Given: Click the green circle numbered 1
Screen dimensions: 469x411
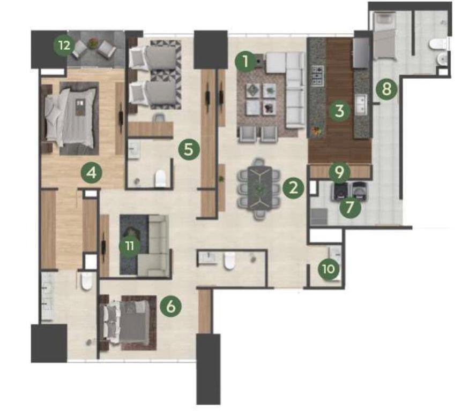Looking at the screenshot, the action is tap(245, 62).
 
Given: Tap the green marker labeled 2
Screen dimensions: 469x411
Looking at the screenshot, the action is tap(293, 188).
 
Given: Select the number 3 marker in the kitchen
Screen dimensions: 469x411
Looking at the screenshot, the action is tap(339, 111).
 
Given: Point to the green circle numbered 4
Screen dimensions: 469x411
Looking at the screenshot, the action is tap(92, 173).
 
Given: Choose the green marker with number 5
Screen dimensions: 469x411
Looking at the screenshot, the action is tap(189, 149).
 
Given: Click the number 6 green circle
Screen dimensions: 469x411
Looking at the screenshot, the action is tap(170, 307).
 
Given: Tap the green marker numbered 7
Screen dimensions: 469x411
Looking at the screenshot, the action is tap(350, 207).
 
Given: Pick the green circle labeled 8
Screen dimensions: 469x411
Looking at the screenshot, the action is tap(386, 89).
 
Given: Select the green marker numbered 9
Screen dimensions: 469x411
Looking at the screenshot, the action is tap(339, 172).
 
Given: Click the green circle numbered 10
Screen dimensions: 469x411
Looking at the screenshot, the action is tap(329, 269).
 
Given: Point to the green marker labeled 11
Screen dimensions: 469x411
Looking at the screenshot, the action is tap(130, 246).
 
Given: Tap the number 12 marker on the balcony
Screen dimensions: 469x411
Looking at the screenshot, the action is tap(64, 45).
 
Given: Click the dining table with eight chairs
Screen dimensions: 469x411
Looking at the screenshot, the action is tap(259, 189).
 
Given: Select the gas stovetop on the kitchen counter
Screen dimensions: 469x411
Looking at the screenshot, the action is tap(318, 75).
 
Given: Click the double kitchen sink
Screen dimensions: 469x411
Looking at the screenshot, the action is tap(361, 104).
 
